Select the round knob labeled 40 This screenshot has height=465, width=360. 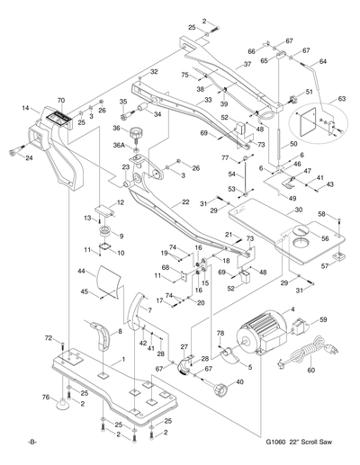219,389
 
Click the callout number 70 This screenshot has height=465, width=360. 61,100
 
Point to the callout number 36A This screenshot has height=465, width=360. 118,146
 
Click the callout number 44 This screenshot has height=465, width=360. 82,271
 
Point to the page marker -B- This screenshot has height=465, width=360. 33,443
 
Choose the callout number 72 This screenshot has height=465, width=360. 49,337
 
